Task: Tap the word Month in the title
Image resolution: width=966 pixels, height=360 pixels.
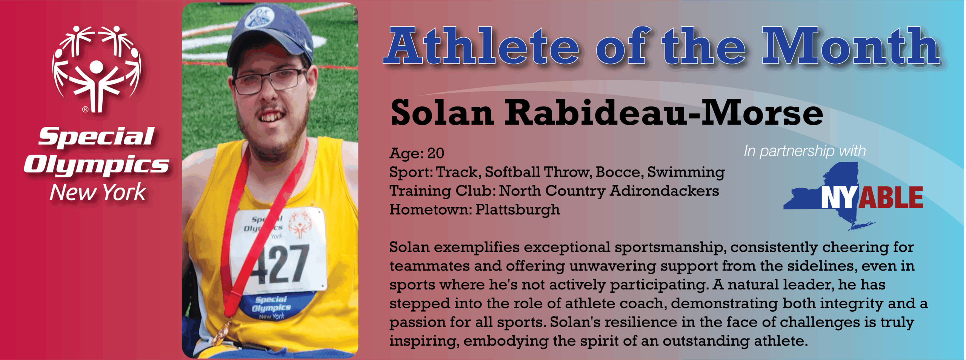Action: [x=851, y=46]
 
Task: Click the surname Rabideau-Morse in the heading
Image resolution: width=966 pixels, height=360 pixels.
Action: [x=664, y=112]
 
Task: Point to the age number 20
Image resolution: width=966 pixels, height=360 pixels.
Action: [x=435, y=153]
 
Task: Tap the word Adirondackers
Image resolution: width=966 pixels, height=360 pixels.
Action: [x=664, y=191]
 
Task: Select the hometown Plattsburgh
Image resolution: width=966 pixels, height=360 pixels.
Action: [x=518, y=210]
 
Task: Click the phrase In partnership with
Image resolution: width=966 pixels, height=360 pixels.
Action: [x=805, y=151]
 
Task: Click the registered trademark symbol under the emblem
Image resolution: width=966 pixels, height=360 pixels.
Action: [x=85, y=109]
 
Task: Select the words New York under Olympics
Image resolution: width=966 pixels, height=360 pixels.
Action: [x=98, y=192]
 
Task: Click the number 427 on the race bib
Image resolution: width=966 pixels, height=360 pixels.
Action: [x=279, y=265]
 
